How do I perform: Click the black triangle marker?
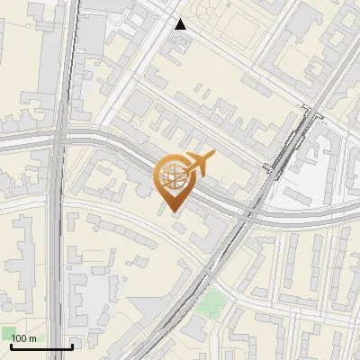point(181,24)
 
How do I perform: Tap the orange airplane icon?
point(198,165)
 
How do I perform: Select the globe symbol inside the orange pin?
point(172,176)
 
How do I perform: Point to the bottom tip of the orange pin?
point(172,212)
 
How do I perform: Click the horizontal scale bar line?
point(41,347)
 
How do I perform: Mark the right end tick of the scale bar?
point(72,346)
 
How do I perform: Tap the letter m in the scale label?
point(32,338)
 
